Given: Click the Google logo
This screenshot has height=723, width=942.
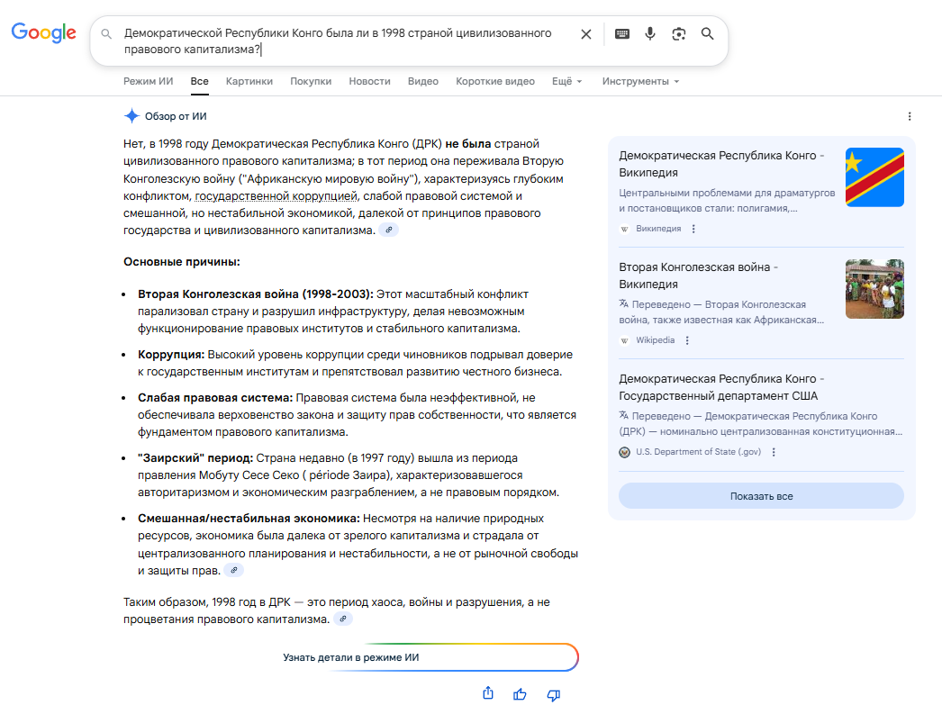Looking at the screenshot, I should pos(43,32).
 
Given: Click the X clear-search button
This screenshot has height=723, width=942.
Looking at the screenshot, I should pos(585,34).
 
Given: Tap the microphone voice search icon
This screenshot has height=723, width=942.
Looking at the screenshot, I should pos(649,34).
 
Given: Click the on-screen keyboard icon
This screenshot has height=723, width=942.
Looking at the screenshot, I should pos(621,34).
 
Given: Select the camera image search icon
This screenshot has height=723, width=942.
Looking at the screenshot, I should pos(678,34).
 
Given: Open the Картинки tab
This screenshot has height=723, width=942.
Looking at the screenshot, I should pos(249,81).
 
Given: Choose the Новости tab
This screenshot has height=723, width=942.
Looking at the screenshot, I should pos(369,81).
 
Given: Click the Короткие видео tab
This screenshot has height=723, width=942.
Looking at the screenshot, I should pos(494,81).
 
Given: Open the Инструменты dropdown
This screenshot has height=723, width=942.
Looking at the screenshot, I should pos(639,81).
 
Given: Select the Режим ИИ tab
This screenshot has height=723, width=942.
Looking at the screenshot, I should pos(148,81).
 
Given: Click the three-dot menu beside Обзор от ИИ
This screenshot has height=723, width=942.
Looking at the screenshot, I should pos(910,116).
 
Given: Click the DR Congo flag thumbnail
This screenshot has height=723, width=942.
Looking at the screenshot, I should pos(874,177).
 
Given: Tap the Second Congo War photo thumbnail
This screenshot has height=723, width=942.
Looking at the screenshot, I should pos(874,289).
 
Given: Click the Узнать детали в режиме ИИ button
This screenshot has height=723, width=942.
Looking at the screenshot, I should pos(351,658).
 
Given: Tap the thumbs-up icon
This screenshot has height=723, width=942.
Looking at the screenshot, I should pos(520,694).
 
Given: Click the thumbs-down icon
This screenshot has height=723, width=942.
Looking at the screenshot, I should pos(554,694).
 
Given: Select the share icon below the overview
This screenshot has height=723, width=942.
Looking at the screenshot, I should pos(487,693).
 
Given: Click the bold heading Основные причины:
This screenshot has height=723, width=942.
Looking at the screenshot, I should pos(181,262).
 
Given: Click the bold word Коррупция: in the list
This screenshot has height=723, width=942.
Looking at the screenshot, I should pos(171,355).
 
